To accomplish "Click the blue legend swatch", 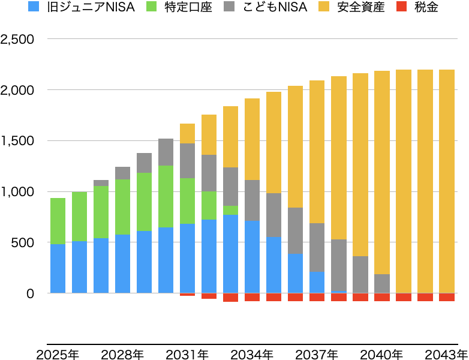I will (34, 6).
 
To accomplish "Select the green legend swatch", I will (151, 6).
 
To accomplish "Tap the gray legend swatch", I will (229, 6).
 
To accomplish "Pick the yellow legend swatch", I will (324, 6).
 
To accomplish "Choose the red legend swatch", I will (401, 6).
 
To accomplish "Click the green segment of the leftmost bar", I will (58, 221).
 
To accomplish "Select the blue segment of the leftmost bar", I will (58, 268).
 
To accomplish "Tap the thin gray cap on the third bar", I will (101, 183).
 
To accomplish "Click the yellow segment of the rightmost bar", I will (446, 180).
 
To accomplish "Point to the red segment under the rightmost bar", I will (446, 297).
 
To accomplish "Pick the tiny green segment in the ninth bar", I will (230, 210).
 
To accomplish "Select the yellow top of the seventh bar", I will (187, 133).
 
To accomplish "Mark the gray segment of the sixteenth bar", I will (381, 283).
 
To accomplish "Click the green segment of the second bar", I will (79, 216).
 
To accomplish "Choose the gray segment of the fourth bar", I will (122, 173).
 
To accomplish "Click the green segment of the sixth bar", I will (166, 196).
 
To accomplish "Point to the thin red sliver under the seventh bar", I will (187, 295).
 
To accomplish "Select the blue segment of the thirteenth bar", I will (317, 282).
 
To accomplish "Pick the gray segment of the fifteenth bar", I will (360, 274).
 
